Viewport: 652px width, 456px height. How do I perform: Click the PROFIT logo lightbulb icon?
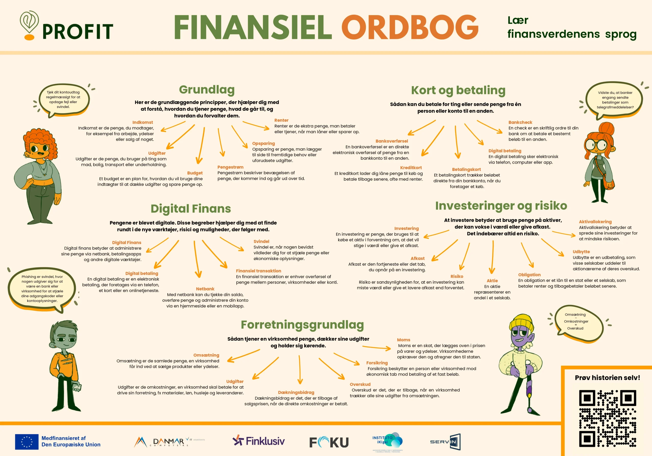tap(29, 25)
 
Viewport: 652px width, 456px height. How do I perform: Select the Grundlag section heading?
tap(207, 90)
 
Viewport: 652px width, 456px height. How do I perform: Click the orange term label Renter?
tap(281, 120)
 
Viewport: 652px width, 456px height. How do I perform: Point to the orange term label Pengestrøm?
tap(230, 167)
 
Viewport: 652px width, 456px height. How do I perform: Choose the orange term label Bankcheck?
tap(520, 122)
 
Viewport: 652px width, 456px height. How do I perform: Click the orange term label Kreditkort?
tap(411, 168)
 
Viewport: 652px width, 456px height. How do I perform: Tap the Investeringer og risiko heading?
tap(501, 206)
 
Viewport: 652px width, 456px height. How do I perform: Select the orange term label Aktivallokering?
tap(595, 222)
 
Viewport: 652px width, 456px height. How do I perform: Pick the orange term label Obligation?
tap(529, 275)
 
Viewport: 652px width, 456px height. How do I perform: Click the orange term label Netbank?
tap(205, 289)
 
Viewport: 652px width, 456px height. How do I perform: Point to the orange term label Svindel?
tap(261, 241)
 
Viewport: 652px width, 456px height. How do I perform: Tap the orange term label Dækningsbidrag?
tap(296, 392)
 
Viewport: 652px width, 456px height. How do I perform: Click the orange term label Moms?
tap(403, 340)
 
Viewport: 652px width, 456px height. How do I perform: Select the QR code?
tap(607, 418)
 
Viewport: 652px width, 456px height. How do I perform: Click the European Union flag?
tap(27, 442)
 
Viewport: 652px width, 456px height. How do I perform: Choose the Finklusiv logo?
tap(259, 441)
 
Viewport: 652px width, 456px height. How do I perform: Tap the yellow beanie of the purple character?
tap(521, 323)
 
